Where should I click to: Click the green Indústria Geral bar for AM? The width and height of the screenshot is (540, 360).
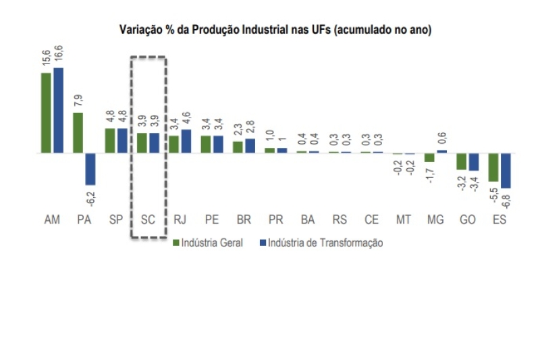(46, 113)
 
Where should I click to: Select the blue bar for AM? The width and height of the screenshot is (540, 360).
(59, 110)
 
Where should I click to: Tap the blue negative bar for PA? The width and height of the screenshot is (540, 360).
(90, 169)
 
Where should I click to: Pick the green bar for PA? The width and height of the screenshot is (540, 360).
(78, 133)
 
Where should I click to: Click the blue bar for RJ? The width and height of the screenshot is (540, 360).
(186, 141)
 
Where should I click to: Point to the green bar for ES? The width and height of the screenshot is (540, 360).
(493, 168)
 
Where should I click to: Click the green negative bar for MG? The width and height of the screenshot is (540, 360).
(429, 158)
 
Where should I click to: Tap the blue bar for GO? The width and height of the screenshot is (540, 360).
(474, 162)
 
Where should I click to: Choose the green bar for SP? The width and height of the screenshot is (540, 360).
(109, 140)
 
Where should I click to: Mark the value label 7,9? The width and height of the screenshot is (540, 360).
(78, 101)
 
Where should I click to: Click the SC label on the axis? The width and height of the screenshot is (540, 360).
(148, 220)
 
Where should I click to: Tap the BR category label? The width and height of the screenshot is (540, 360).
(244, 220)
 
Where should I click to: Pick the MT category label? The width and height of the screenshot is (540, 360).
(404, 220)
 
